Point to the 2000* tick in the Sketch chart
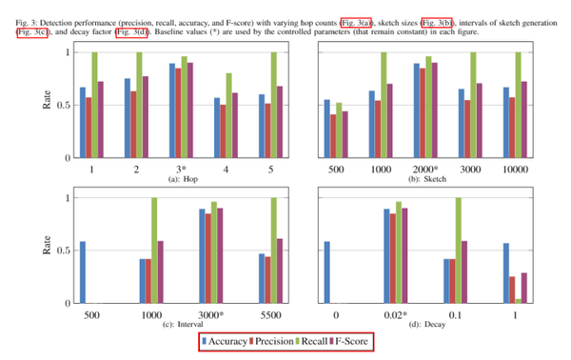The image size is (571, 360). click(424, 168)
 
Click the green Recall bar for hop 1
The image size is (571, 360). click(94, 105)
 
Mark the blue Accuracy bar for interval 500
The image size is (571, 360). click(84, 272)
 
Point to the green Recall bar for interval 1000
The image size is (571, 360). click(154, 250)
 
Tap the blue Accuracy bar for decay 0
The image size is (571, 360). click(327, 272)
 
